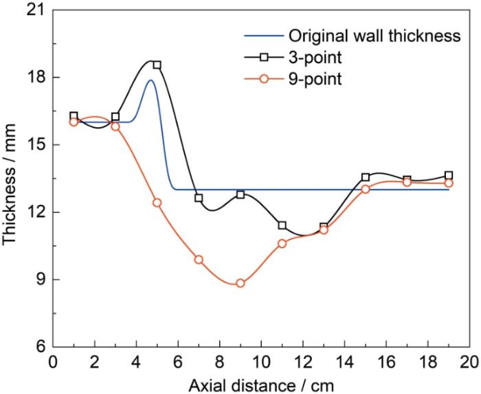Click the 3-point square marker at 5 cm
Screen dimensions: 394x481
pyautogui.click(x=157, y=65)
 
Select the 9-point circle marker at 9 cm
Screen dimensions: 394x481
pyautogui.click(x=240, y=283)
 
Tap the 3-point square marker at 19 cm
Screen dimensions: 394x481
pyautogui.click(x=449, y=175)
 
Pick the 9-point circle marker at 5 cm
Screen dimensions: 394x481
pyautogui.click(x=157, y=203)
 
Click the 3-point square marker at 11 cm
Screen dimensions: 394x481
pyautogui.click(x=282, y=226)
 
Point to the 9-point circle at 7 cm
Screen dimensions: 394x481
pyautogui.click(x=199, y=259)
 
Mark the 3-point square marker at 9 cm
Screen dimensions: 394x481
pyautogui.click(x=240, y=195)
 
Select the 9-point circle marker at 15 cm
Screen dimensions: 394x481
pyautogui.click(x=366, y=189)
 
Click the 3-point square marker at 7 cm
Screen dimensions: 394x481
pyautogui.click(x=199, y=198)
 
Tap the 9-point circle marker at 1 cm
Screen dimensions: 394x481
pyautogui.click(x=74, y=122)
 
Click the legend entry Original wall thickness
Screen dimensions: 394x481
pyautogui.click(x=374, y=36)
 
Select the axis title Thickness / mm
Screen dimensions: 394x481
pyautogui.click(x=12, y=179)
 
